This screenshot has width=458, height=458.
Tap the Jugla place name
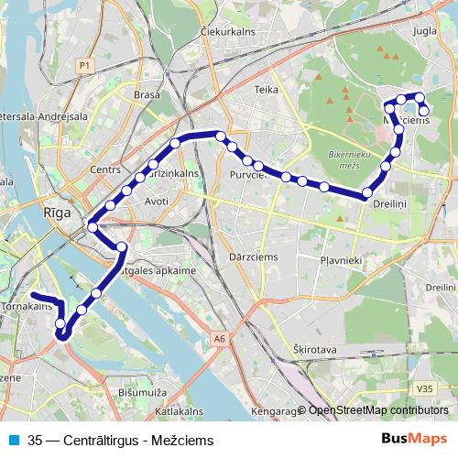(425, 31)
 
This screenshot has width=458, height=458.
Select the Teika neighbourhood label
(267, 90)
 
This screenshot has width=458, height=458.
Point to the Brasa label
(147, 94)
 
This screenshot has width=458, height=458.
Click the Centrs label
(106, 169)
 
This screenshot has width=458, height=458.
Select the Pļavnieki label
(343, 260)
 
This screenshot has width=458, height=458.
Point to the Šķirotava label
(312, 350)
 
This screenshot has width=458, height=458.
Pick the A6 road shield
(219, 339)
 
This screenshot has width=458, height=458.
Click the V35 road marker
(422, 389)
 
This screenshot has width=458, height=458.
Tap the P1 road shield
(84, 65)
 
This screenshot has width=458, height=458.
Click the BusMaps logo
(412, 440)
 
